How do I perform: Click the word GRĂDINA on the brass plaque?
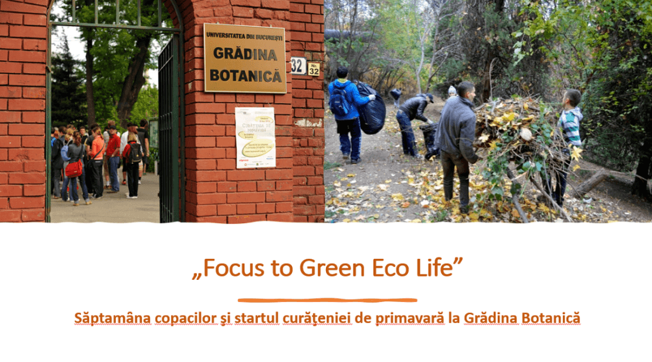tap(245, 54)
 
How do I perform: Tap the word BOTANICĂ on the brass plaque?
tap(245, 75)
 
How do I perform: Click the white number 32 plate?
tap(298, 66)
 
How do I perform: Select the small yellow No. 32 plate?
tap(313, 69)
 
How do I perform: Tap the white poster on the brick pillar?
tap(255, 137)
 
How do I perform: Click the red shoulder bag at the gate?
tap(74, 168)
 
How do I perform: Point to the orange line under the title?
tap(327, 300)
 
